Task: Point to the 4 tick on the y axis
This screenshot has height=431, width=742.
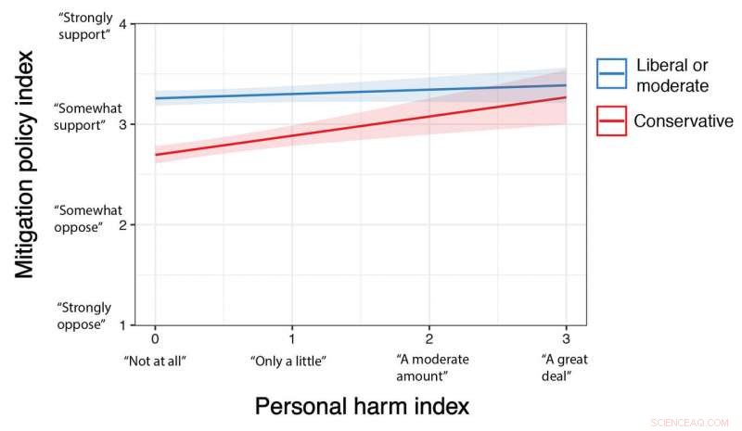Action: click(x=123, y=23)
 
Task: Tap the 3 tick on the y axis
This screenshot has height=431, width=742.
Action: click(x=123, y=124)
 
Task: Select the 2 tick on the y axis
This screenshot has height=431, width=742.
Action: click(x=123, y=224)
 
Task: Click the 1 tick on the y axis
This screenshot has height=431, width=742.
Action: click(x=123, y=324)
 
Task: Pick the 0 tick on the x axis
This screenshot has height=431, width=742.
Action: click(x=155, y=340)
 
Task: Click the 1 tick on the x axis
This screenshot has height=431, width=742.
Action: click(x=292, y=340)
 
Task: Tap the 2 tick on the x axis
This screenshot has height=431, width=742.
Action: click(x=429, y=340)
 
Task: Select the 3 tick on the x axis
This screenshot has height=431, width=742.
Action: click(x=566, y=340)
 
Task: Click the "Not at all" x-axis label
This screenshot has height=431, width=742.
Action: click(x=155, y=360)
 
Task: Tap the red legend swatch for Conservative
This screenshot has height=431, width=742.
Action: click(x=611, y=120)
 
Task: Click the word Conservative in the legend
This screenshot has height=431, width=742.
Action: click(x=683, y=120)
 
